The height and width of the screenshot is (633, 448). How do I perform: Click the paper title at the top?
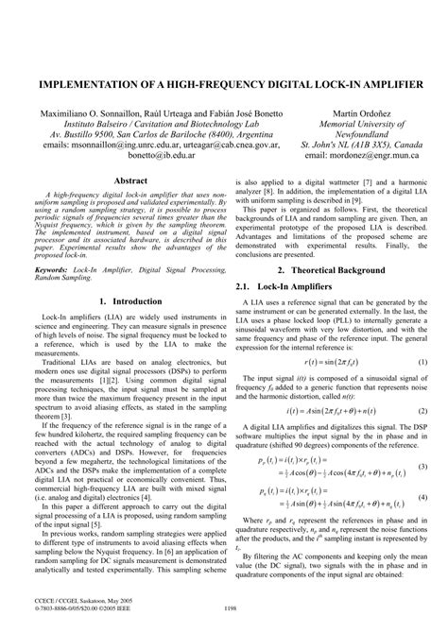click(224, 84)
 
